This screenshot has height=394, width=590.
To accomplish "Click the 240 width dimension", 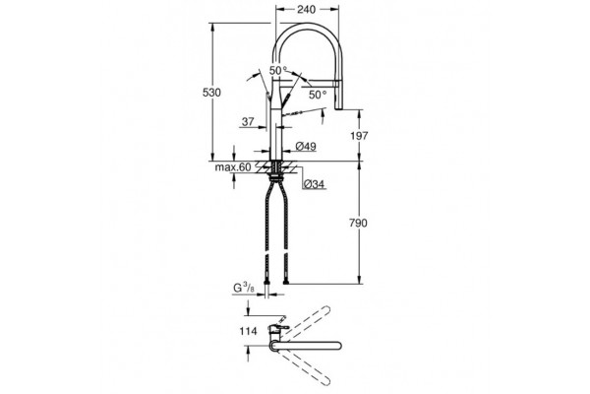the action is pyautogui.click(x=306, y=10).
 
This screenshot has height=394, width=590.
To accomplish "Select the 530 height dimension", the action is pyautogui.click(x=211, y=93).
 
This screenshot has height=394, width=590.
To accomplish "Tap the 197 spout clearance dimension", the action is pyautogui.click(x=359, y=136).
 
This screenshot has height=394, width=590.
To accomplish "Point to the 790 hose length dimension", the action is pyautogui.click(x=358, y=224).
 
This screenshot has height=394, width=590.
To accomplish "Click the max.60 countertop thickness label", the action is pyautogui.click(x=232, y=167).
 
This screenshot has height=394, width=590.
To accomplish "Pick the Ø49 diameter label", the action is pyautogui.click(x=306, y=147).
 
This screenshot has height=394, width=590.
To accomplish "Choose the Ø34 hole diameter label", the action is pyautogui.click(x=314, y=184).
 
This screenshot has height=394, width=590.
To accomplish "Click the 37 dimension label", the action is pyautogui.click(x=248, y=122).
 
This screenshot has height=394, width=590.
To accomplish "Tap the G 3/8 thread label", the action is pyautogui.click(x=244, y=288).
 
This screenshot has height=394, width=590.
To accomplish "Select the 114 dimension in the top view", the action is pyautogui.click(x=249, y=331).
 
